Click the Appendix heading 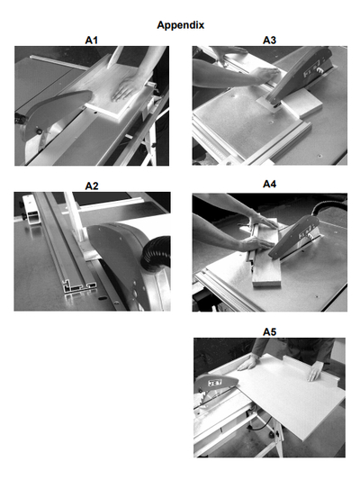click(181, 25)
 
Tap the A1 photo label click(92, 41)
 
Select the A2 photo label click(92, 186)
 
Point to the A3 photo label click(269, 41)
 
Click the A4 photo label click(269, 184)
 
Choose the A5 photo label click(269, 331)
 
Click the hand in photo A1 click(125, 89)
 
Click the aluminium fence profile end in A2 click(79, 288)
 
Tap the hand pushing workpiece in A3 click(266, 74)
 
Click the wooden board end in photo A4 click(266, 282)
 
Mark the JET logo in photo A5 click(214, 383)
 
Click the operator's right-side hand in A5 click(315, 371)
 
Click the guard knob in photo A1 click(40, 131)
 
